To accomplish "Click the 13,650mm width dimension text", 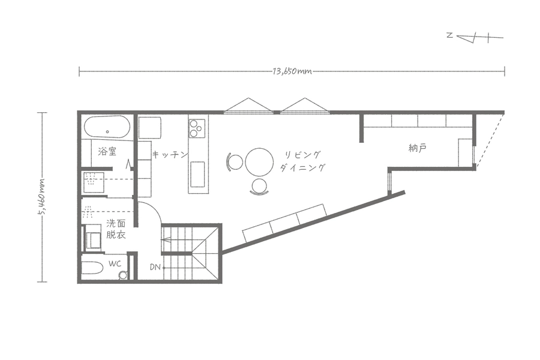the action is click(292, 71).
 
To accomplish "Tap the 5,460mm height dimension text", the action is click(42, 197).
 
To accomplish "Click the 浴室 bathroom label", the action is click(107, 151).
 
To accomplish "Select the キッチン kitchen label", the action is click(170, 154).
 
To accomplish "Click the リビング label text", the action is click(303, 154).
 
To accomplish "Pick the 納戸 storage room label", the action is click(418, 148).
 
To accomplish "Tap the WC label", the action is click(115, 264).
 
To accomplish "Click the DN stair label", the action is click(155, 267).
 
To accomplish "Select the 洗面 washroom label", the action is click(116, 224).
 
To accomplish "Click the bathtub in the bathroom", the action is click(107, 127).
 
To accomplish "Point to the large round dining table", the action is click(259, 162).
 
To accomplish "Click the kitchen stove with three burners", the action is click(197, 128).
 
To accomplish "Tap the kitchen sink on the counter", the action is click(197, 175).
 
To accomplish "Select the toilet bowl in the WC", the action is click(122, 275).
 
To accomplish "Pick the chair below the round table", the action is click(259, 187).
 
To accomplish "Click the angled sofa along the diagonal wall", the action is click(285, 223).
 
